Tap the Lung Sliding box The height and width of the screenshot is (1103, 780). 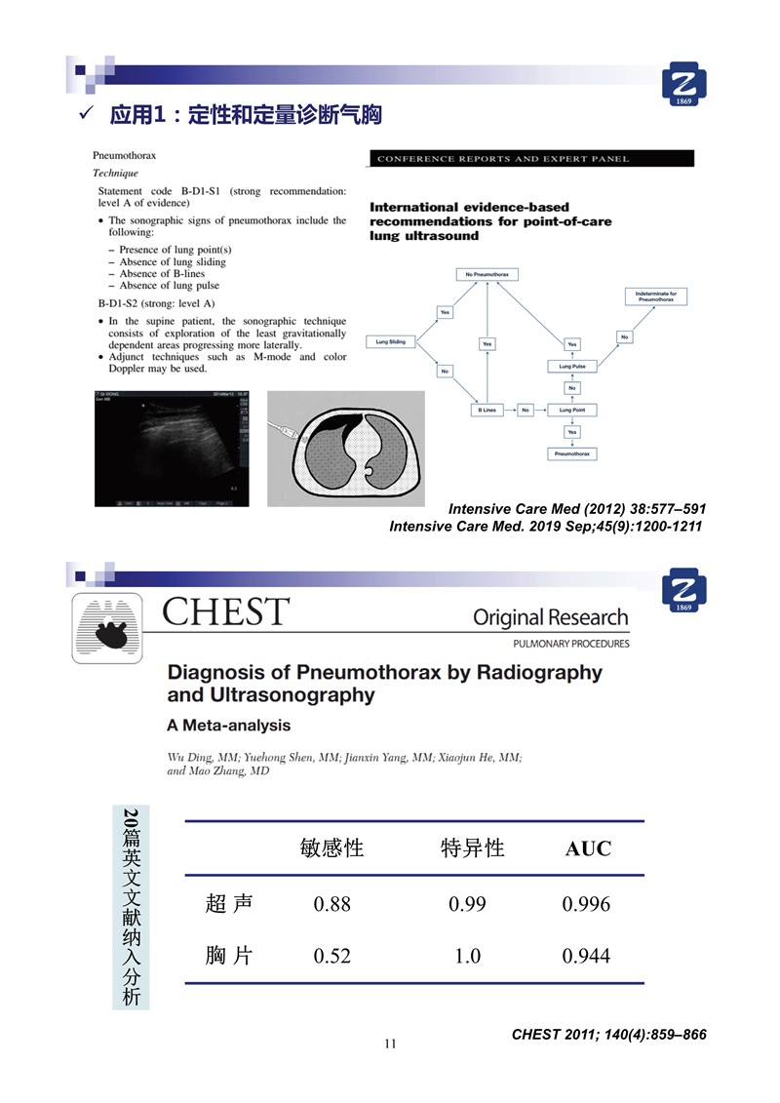(390, 342)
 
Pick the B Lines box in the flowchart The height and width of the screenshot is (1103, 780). (487, 411)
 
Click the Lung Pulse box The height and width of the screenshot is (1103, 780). (571, 366)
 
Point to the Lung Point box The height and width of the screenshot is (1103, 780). (571, 411)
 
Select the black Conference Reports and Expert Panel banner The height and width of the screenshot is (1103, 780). (531, 159)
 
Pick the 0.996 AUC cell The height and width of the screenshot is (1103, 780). (587, 904)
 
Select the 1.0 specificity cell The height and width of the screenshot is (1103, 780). (467, 956)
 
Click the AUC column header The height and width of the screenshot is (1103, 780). (588, 848)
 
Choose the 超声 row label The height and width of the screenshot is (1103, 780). (230, 904)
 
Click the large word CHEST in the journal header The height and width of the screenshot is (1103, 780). (225, 613)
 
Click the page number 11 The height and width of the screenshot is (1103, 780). (390, 1044)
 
